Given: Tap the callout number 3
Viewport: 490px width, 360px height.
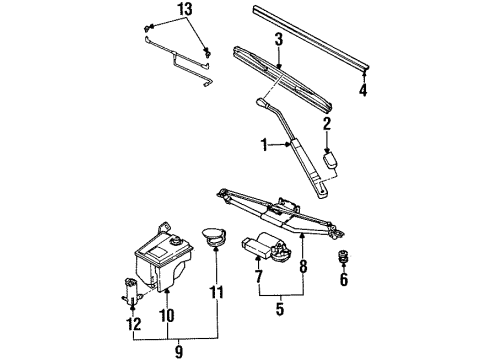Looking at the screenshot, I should click(x=279, y=39).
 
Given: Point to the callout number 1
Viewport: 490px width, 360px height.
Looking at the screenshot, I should click(x=264, y=145).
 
